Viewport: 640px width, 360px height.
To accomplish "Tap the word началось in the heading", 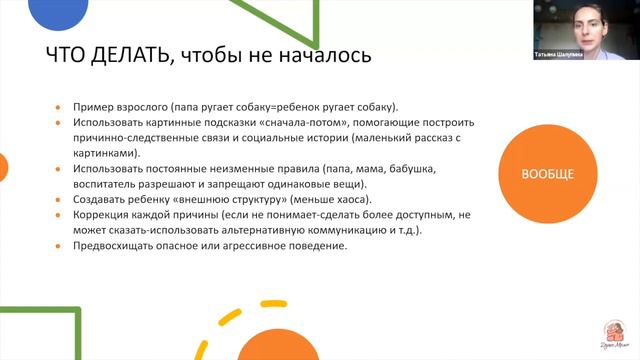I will point(326,56).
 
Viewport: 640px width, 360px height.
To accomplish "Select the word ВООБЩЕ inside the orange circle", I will point(547,175).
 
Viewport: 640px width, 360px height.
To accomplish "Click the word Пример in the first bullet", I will point(88,107).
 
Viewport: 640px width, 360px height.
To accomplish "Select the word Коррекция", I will point(98,215).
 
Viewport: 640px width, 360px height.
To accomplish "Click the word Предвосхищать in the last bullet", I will point(113,246).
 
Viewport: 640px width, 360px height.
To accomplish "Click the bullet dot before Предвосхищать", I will point(59,246).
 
